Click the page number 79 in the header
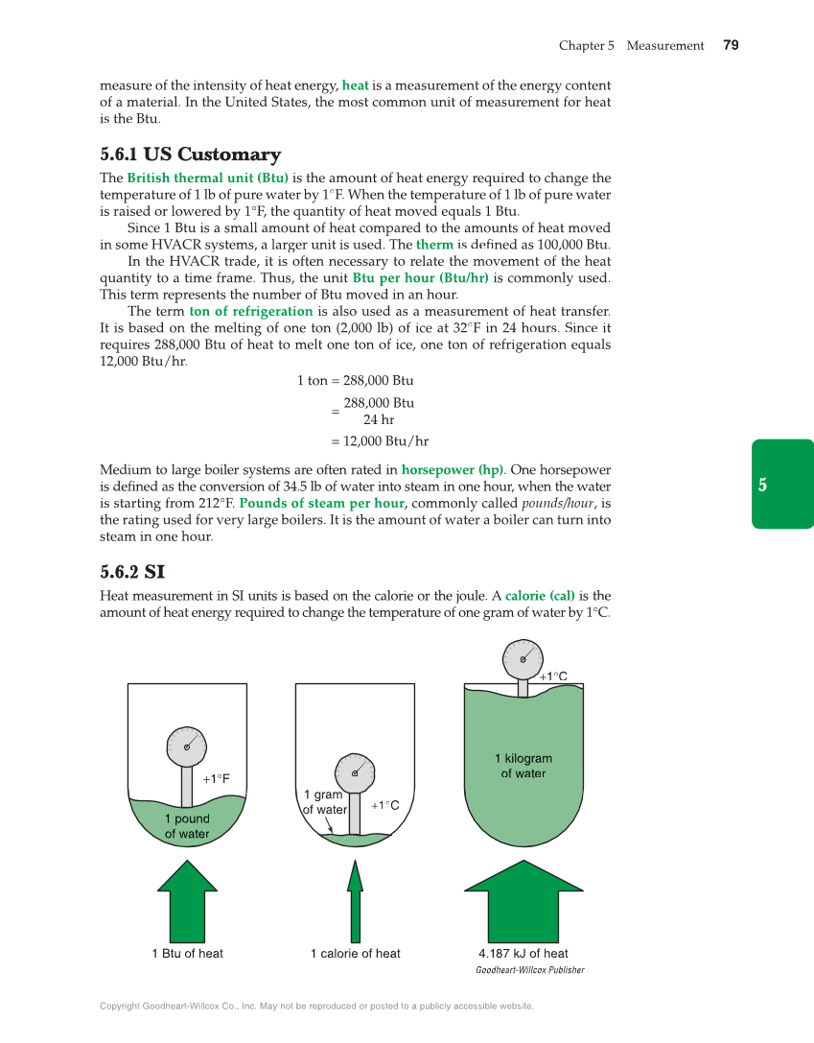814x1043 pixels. coord(731,45)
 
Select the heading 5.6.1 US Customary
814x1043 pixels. coord(190,154)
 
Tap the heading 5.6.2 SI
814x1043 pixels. coord(132,572)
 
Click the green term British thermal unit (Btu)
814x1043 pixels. coord(207,178)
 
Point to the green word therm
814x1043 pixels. coord(434,245)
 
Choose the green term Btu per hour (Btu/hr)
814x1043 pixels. coord(420,277)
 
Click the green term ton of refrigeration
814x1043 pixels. coord(251,311)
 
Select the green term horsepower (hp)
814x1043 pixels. coord(452,470)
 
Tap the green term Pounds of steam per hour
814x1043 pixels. coord(321,503)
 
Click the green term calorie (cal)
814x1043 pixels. coord(540,595)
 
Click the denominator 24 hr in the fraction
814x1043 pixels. coord(379,419)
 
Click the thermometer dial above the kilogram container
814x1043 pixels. coord(523,658)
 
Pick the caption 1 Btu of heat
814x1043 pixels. coord(187,953)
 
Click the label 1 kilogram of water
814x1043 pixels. coord(523,766)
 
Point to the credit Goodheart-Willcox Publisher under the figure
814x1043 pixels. coord(529,970)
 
